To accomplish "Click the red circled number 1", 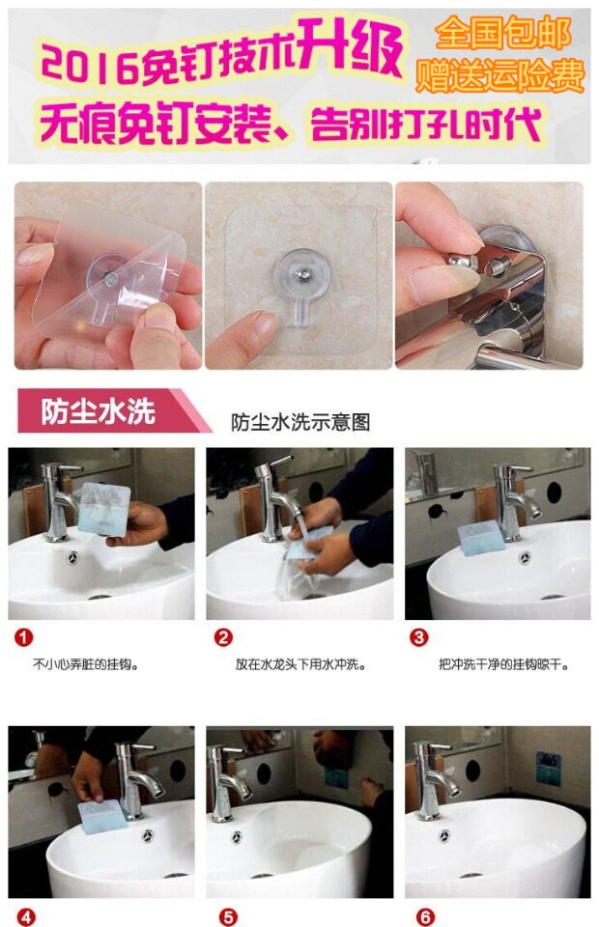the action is tap(23, 638).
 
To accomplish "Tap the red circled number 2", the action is tap(223, 637).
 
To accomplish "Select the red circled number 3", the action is tap(419, 637).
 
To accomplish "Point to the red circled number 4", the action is tap(26, 917).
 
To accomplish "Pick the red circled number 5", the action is tap(228, 917).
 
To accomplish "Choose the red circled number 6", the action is tap(425, 917).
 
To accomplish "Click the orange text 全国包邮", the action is tap(503, 33).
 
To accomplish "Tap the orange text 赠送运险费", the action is tap(500, 76).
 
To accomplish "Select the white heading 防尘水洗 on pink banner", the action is tap(99, 411).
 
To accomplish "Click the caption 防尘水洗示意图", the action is tap(300, 423).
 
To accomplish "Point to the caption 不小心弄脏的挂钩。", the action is tap(86, 665).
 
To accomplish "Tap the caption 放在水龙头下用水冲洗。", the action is tap(300, 665).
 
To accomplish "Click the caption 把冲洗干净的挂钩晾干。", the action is tap(504, 665).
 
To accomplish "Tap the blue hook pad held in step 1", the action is tap(104, 509).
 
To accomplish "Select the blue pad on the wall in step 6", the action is tap(548, 769).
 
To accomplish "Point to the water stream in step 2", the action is tap(301, 535).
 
